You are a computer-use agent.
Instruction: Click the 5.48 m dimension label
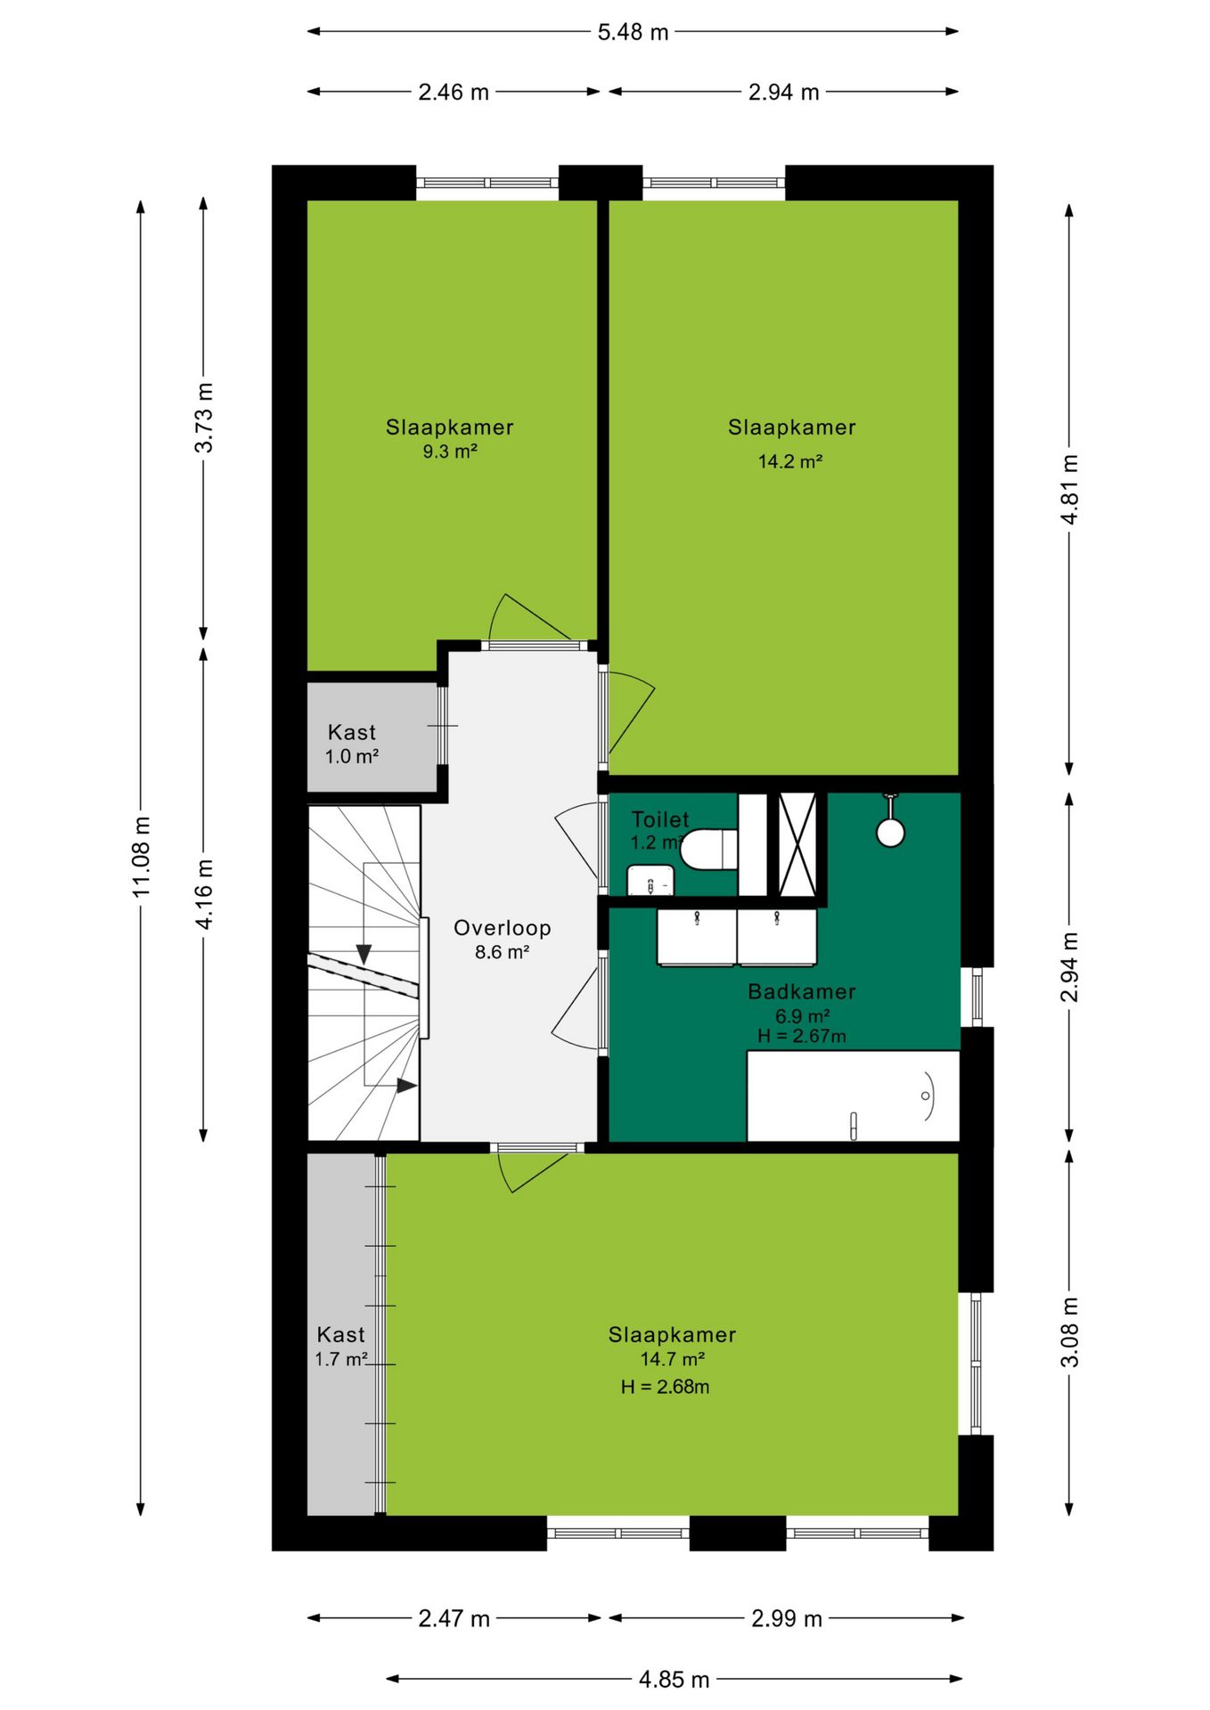633,32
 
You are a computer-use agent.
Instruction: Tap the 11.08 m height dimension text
142,856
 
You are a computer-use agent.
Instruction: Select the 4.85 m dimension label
674,1680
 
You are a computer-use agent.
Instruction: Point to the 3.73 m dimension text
204,418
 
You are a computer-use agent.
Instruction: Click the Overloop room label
503,928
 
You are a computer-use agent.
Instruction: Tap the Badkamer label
802,991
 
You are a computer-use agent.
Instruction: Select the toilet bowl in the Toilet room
709,849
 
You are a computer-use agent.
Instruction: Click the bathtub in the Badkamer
853,1095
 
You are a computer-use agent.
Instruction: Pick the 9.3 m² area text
450,452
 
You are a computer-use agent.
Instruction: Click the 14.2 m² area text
790,461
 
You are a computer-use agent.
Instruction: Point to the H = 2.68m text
666,1387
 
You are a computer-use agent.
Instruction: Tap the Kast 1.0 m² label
352,745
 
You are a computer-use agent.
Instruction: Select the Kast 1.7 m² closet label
341,1347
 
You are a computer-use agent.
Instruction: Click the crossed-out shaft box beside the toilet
797,844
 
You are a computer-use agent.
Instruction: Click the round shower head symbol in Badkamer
890,832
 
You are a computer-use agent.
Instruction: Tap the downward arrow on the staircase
364,955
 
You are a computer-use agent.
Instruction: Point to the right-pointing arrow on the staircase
407,1086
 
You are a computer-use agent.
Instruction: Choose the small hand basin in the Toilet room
650,880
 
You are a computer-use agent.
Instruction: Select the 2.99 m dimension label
786,1618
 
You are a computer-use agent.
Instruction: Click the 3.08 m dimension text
1070,1332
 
